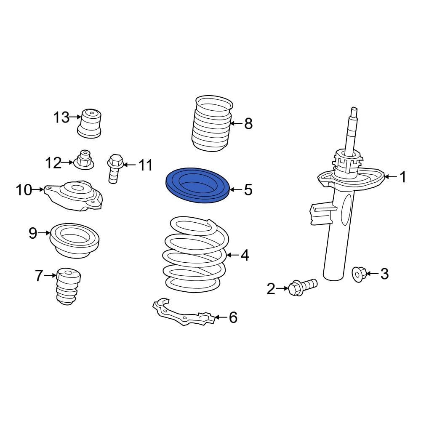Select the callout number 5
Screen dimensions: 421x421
click(x=248, y=190)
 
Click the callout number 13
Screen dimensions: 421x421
click(x=61, y=117)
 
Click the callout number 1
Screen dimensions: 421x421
click(x=403, y=177)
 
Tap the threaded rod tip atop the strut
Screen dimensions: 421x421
click(x=354, y=113)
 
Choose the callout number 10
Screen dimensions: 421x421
click(x=24, y=190)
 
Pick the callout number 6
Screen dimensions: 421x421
click(x=233, y=317)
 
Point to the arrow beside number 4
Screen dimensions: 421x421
click(x=233, y=255)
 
